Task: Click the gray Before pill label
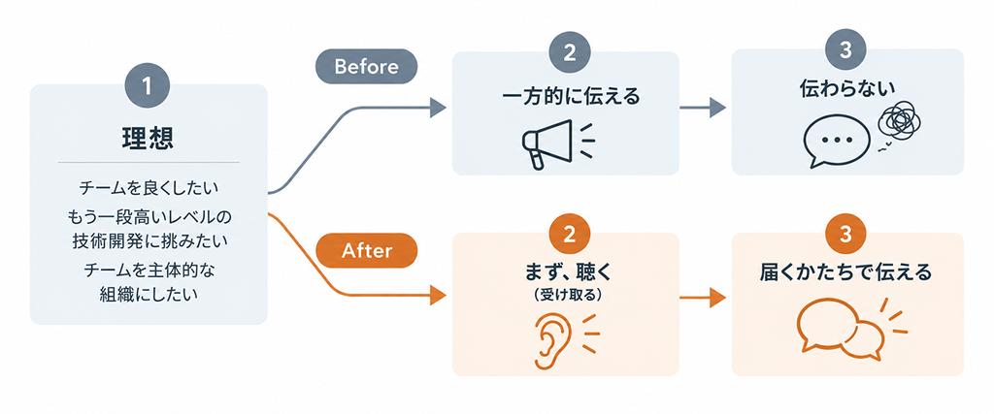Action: [x=366, y=66]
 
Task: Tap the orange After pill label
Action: [x=366, y=251]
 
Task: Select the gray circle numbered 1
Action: [x=148, y=86]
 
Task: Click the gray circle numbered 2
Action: [x=569, y=53]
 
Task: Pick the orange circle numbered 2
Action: [x=569, y=235]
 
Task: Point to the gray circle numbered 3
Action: [x=846, y=51]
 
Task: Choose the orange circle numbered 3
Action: [x=846, y=235]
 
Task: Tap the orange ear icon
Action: [x=547, y=340]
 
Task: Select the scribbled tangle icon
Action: [x=898, y=121]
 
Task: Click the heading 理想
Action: [x=148, y=139]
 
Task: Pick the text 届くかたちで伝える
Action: [x=845, y=272]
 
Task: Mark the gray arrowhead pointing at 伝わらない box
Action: [x=717, y=108]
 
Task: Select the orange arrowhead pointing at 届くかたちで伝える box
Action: [x=717, y=298]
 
